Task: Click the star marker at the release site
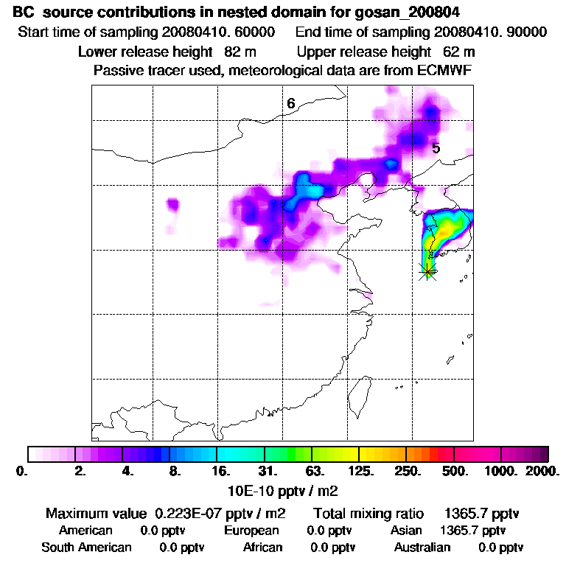(x=427, y=271)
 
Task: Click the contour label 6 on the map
(x=291, y=104)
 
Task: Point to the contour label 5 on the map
(x=436, y=148)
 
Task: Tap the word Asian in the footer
(x=406, y=531)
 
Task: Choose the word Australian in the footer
(x=422, y=548)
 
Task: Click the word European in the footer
(x=251, y=531)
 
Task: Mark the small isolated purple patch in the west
(x=173, y=203)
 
